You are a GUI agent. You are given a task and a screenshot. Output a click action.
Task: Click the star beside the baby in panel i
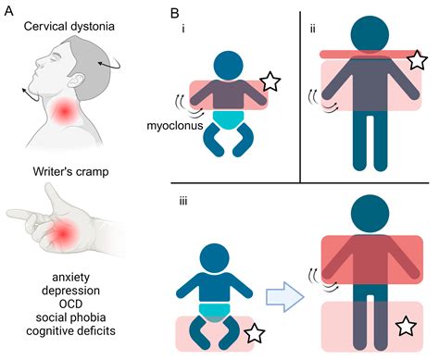[x=270, y=82]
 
